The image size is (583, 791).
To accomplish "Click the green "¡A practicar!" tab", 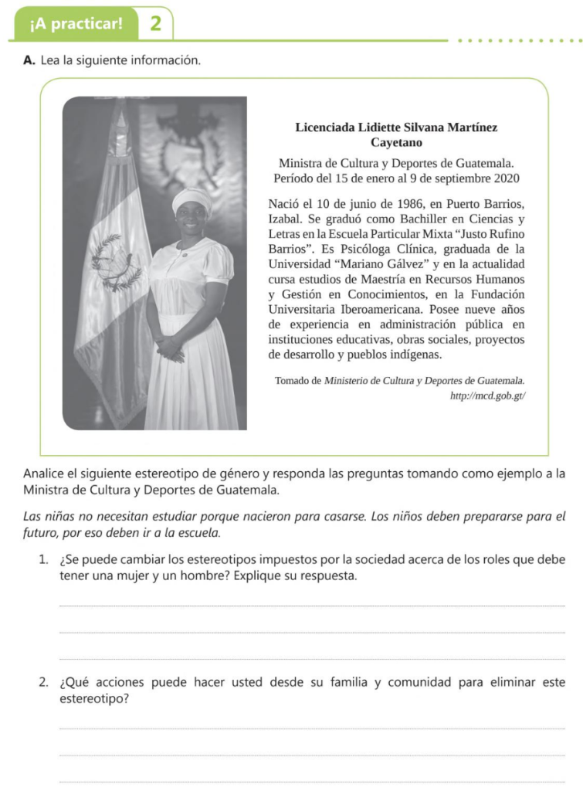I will (x=76, y=23).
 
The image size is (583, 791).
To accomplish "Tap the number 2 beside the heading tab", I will (x=155, y=23).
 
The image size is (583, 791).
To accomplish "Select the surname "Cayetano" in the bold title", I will (x=396, y=142).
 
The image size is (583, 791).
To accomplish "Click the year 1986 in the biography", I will (x=394, y=204).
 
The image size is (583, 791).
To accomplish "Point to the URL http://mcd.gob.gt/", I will (x=487, y=395).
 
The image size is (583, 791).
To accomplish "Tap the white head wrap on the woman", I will (x=192, y=199).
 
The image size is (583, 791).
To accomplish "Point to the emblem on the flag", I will (x=116, y=263).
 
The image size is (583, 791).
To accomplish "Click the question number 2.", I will (x=45, y=683).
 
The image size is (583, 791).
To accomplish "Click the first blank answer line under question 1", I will (x=312, y=606).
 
